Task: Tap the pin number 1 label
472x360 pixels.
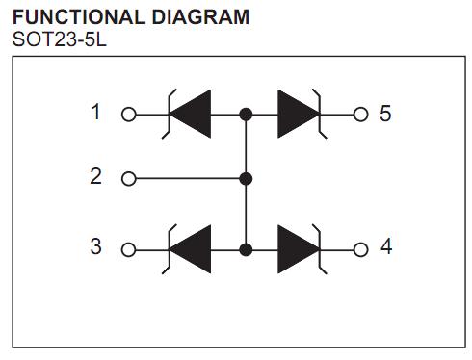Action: pos(95,113)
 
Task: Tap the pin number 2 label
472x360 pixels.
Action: pos(95,176)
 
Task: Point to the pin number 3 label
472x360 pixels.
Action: pos(95,246)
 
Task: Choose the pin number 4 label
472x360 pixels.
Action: pos(385,246)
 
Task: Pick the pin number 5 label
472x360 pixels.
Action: pos(385,114)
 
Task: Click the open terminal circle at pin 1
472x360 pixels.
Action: pos(128,115)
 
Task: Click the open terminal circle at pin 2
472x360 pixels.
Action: pos(128,178)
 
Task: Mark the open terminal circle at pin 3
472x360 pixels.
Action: pos(128,249)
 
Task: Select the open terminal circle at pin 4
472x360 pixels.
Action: pos(360,249)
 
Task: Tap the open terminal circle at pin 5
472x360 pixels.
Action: pos(360,115)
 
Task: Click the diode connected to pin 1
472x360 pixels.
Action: pos(191,115)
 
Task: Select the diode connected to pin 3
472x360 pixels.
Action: pos(191,249)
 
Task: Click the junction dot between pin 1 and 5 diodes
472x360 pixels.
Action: pos(246,115)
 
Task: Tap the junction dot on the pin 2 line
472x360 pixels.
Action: pos(246,178)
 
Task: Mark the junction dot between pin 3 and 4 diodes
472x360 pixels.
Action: pos(246,249)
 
